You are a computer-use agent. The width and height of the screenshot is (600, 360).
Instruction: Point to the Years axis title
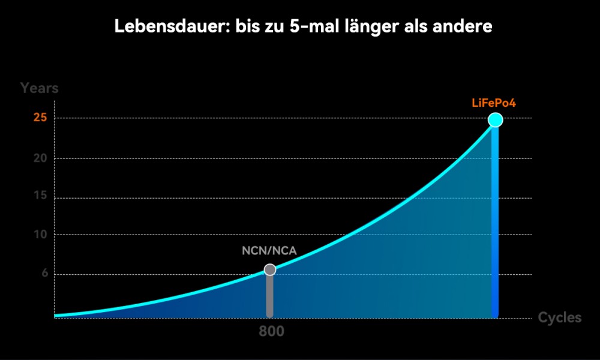[40, 88]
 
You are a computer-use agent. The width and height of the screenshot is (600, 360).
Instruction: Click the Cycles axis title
[559, 317]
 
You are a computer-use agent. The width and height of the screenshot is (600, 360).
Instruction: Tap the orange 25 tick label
[41, 118]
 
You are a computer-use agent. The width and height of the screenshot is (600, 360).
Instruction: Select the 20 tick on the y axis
[41, 158]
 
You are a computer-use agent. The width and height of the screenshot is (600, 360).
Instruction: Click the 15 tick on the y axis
[41, 198]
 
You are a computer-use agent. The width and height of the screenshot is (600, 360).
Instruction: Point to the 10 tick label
[41, 235]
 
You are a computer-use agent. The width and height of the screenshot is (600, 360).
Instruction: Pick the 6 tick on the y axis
[44, 275]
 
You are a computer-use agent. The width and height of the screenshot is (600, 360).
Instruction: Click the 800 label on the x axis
[271, 331]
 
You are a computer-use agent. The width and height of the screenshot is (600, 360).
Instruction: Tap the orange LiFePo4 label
[494, 103]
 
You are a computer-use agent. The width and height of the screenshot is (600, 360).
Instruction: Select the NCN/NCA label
[269, 251]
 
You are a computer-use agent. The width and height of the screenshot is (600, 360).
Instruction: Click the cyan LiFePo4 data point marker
[495, 120]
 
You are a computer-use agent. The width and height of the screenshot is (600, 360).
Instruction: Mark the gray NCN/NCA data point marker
[270, 270]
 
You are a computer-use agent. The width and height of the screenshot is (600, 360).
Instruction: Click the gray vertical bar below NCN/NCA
[270, 296]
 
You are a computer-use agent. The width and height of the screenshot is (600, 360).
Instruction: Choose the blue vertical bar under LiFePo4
[495, 222]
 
